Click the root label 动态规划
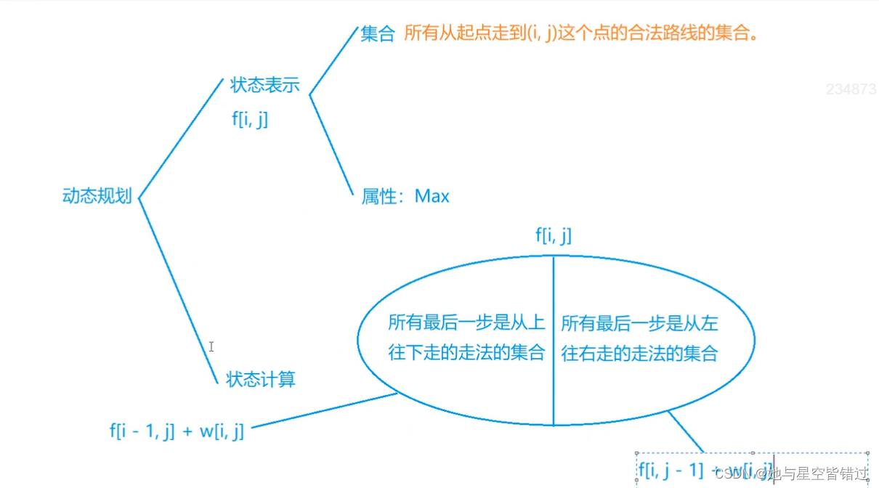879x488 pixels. tap(97, 196)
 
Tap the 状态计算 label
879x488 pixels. tap(261, 380)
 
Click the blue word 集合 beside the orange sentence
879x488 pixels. tap(377, 33)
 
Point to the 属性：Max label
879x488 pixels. tap(405, 196)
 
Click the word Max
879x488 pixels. tap(432, 196)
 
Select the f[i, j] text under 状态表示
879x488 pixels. tap(250, 118)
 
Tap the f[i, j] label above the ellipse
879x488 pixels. tap(554, 235)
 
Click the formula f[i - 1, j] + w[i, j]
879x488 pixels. tap(177, 431)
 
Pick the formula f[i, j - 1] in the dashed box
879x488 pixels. tap(672, 470)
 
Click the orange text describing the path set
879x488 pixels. tap(581, 33)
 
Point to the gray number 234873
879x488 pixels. tap(851, 89)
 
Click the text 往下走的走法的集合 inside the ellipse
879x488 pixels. tap(466, 354)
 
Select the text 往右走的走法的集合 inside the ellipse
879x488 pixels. tap(639, 354)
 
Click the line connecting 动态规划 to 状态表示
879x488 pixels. tap(179, 138)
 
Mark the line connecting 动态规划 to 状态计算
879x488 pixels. tap(178, 290)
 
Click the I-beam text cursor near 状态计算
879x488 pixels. tap(211, 347)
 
